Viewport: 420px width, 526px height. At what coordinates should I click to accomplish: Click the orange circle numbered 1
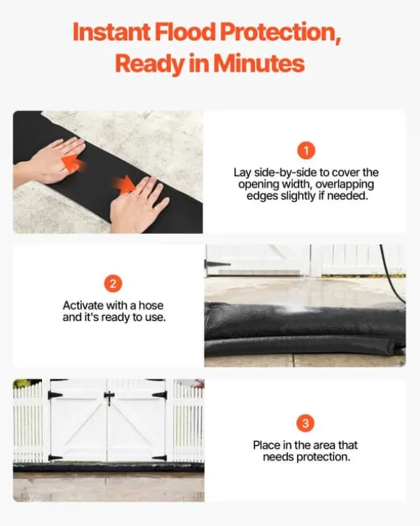(306, 151)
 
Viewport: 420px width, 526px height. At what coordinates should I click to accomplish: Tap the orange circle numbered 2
(113, 284)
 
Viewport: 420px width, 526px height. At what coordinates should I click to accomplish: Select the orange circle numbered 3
(306, 423)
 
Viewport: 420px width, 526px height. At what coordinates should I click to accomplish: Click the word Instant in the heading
(112, 32)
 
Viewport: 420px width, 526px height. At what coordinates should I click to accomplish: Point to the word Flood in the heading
(185, 32)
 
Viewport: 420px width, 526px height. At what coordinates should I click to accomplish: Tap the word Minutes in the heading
(259, 63)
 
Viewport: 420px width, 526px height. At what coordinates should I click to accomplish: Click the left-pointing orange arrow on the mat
(73, 162)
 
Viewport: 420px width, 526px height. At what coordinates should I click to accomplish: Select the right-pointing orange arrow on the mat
(123, 185)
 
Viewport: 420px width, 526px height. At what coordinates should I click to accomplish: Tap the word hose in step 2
(151, 306)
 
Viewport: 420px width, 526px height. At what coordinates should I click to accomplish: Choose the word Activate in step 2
(83, 306)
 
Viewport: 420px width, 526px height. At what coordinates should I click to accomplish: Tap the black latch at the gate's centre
(109, 397)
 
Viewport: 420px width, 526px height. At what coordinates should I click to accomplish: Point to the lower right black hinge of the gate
(159, 458)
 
